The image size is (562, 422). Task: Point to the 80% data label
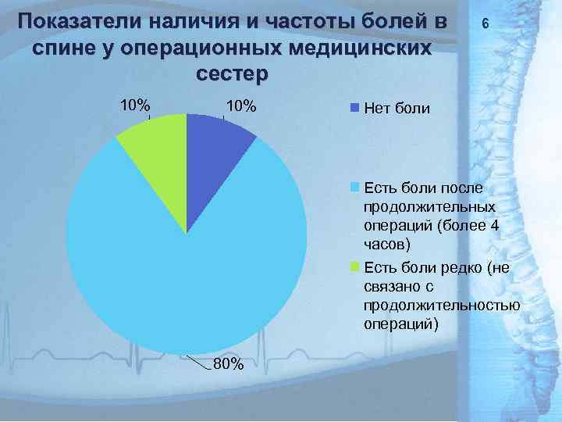[229, 364]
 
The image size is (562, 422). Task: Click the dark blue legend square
[355, 107]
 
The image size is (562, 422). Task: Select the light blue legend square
[355, 188]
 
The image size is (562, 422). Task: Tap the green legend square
[355, 267]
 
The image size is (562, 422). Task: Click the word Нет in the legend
[379, 108]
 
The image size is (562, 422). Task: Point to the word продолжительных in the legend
[429, 207]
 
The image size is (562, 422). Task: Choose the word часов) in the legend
[386, 245]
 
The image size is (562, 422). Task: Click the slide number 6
[486, 25]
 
